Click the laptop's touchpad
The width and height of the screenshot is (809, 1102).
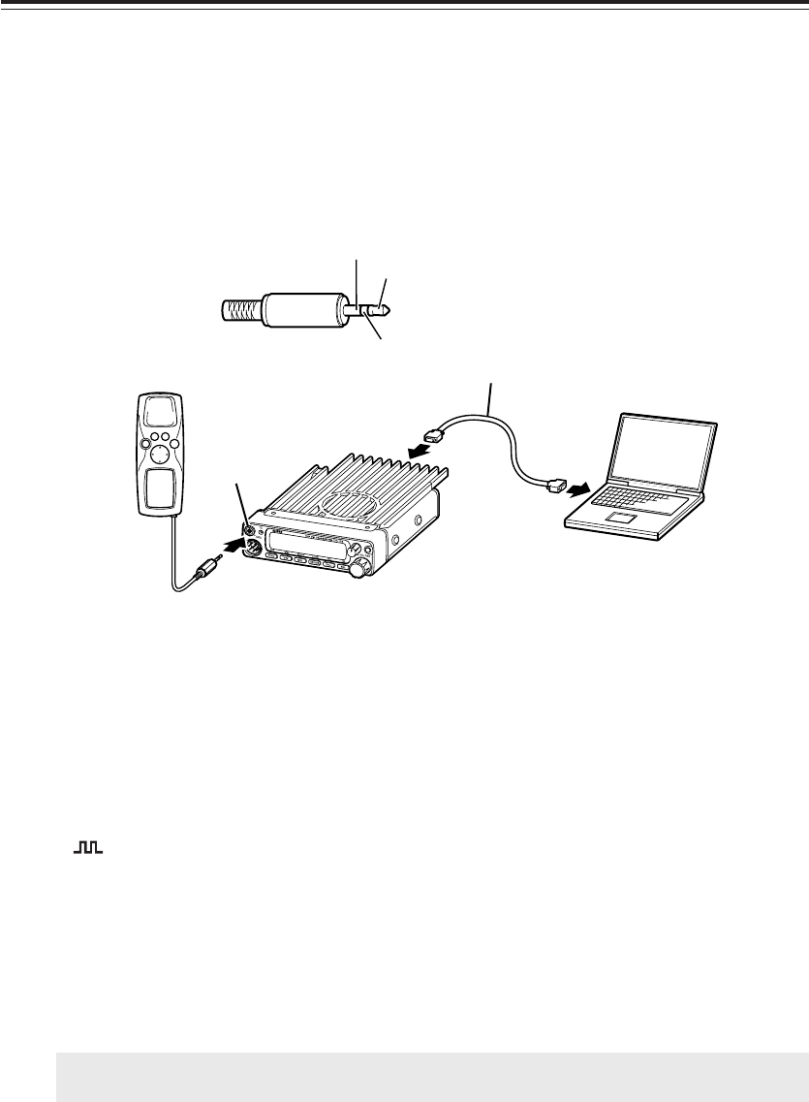[x=619, y=519]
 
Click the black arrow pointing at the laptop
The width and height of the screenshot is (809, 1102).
[x=577, y=490]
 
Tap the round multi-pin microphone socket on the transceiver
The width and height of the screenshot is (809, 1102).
[x=252, y=548]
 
